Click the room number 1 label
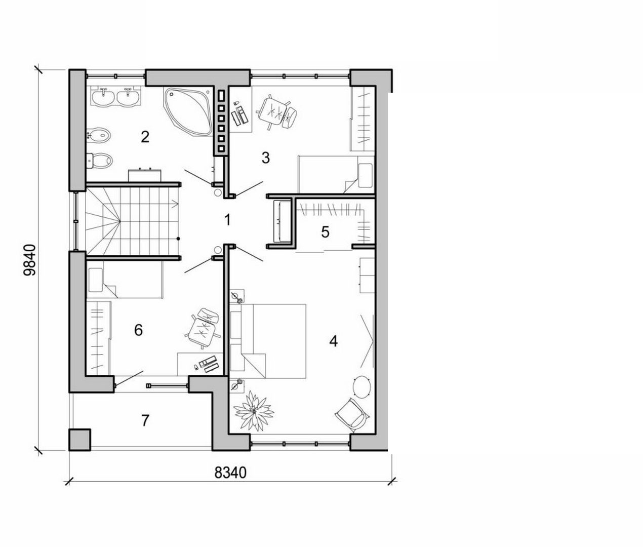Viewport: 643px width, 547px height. (227, 220)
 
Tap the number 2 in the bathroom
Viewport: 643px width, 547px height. (145, 137)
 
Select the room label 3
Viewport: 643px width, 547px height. (265, 158)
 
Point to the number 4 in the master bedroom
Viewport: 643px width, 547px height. (333, 341)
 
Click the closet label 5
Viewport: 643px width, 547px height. (325, 232)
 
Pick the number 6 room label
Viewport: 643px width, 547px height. (138, 330)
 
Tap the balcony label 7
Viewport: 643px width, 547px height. (145, 420)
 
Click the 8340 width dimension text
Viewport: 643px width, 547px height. (230, 473)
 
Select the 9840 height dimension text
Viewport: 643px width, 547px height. (30, 259)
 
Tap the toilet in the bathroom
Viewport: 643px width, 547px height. (100, 160)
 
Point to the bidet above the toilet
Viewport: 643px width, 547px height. (99, 135)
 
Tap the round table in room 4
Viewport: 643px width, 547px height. (362, 386)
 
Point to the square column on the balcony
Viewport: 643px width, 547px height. (80, 440)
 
